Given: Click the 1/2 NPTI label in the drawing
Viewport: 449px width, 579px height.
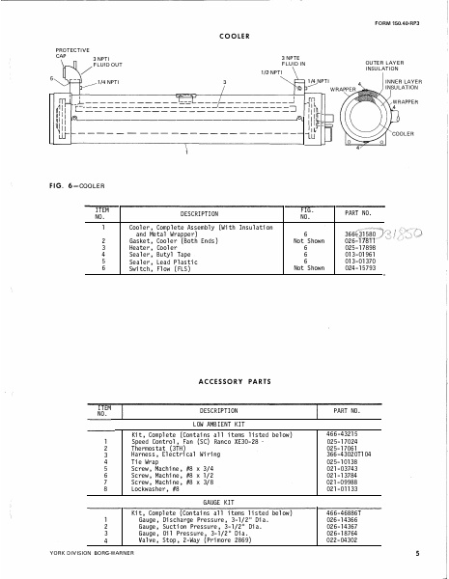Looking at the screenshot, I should click(271, 72).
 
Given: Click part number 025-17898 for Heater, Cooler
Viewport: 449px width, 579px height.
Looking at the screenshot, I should click(360, 247).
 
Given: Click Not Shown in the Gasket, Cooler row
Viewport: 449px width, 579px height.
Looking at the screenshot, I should click(307, 240).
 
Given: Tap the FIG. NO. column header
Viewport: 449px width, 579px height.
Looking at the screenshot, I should click(307, 213).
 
